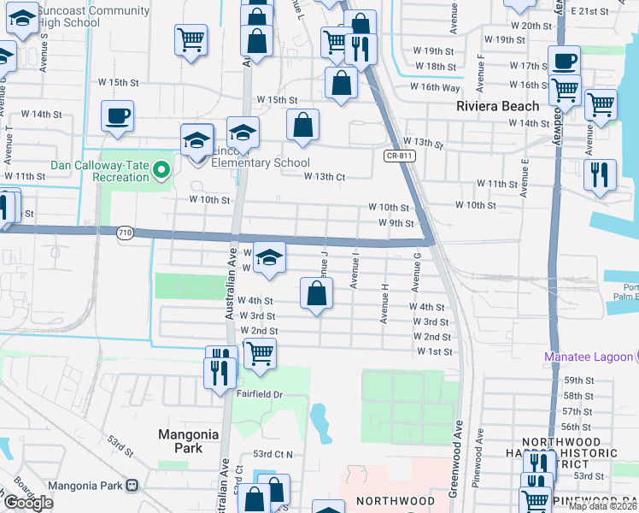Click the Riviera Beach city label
498,106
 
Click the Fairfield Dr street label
260,394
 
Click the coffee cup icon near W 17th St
564,62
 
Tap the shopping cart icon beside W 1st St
260,352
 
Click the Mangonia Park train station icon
132,486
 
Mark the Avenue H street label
385,309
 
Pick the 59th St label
577,380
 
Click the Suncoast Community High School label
80,17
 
